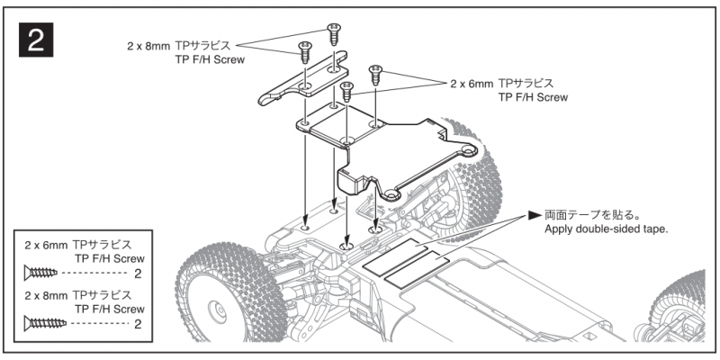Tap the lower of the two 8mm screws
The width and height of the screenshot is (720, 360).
click(304, 49)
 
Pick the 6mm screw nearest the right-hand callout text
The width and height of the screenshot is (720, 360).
click(376, 71)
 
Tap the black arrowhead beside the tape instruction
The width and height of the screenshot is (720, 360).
click(535, 216)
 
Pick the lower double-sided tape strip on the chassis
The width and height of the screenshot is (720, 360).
click(416, 269)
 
